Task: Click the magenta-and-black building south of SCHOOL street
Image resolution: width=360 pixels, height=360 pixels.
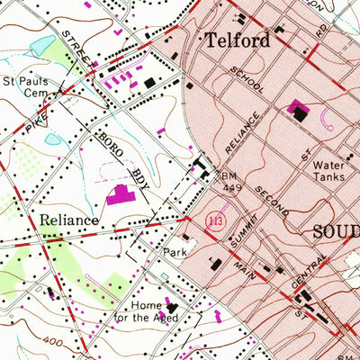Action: point(298,112)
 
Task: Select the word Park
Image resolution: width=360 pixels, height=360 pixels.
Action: point(174,253)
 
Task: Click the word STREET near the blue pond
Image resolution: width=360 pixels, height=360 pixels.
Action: point(78,49)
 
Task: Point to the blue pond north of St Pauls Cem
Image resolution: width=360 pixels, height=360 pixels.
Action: point(42,45)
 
